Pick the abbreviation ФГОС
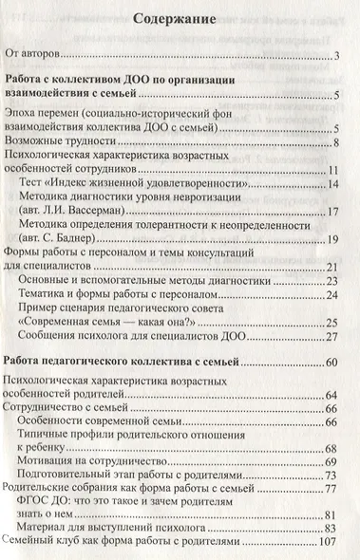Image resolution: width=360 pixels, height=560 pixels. pyautogui.click(x=39, y=504)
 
